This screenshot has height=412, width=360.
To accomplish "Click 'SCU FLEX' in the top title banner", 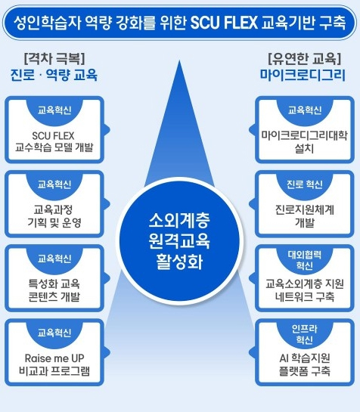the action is [x=224, y=23].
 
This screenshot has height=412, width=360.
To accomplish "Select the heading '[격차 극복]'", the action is [x=54, y=58].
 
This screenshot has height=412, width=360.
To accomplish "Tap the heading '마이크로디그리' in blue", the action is [x=303, y=75].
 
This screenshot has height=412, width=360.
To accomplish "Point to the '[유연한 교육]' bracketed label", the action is [x=304, y=58].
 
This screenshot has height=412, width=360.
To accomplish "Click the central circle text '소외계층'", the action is [x=179, y=220].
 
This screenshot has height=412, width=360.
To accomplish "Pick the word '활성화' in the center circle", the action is [x=179, y=262].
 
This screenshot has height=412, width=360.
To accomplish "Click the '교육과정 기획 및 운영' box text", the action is [x=54, y=216].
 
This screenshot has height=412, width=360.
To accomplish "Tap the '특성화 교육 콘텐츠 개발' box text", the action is [x=54, y=290].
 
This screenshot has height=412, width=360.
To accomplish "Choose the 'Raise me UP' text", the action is [x=54, y=358].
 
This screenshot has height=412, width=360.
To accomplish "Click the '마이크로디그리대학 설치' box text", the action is [x=304, y=141].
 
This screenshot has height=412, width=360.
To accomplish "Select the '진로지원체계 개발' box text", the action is [x=305, y=216].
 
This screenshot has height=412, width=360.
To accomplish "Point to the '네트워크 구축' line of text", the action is [x=305, y=297].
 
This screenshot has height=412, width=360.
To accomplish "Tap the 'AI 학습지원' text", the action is [x=305, y=358].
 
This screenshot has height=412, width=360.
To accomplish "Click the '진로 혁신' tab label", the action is [x=305, y=184].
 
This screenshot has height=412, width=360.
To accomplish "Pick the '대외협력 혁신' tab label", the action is [x=305, y=260].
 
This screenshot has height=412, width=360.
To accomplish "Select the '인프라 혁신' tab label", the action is [x=305, y=334].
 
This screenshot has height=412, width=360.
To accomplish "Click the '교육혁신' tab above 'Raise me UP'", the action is [x=54, y=333].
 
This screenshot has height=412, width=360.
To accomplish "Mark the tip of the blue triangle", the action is [x=179, y=60].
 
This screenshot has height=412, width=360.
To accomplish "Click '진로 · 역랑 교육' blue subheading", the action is [x=54, y=75].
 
